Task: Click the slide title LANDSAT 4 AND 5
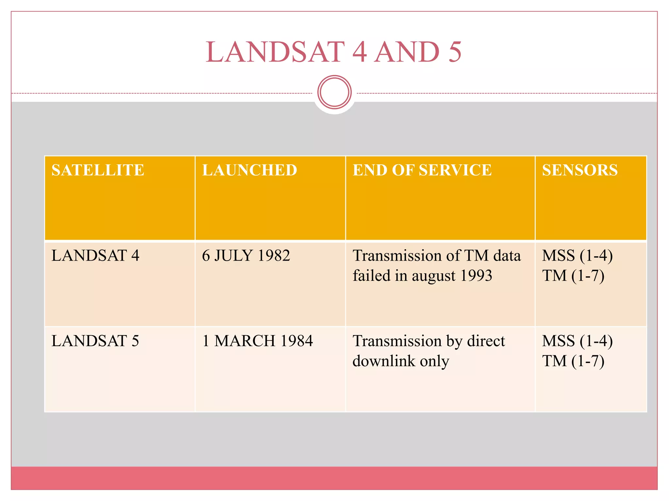[334, 52]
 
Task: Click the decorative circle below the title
[334, 92]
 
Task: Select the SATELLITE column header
[98, 170]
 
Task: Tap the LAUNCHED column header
[250, 170]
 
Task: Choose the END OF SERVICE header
[422, 170]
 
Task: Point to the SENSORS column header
[580, 170]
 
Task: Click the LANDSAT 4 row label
[95, 255]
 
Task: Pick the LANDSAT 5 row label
[95, 341]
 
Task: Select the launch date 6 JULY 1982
[246, 255]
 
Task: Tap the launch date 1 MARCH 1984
[257, 341]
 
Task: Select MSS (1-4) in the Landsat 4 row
[577, 255]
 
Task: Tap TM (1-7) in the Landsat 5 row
[573, 361]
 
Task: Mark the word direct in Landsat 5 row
[486, 341]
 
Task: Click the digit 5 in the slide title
[455, 52]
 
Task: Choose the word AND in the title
[407, 52]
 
